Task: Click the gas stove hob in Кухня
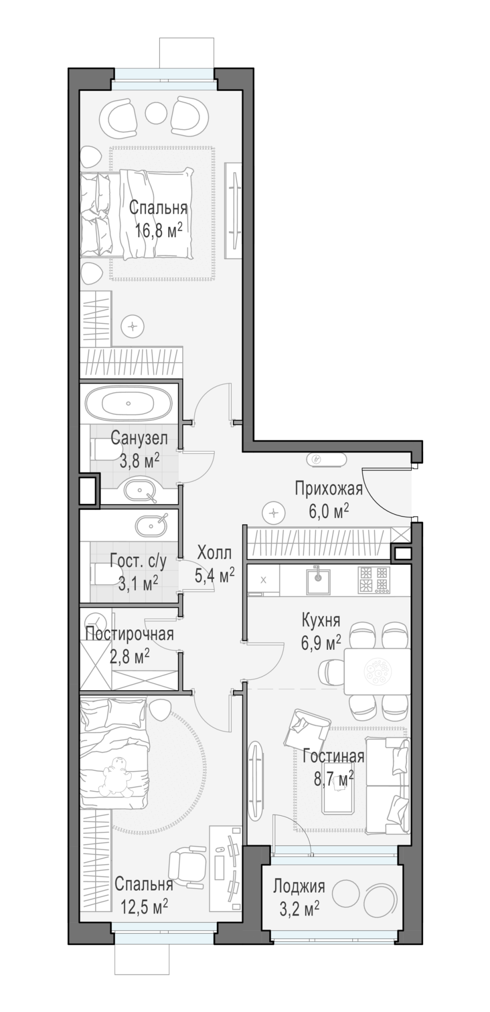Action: pyautogui.click(x=375, y=580)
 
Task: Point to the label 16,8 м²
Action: pyautogui.click(x=158, y=231)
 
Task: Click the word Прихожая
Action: pyautogui.click(x=329, y=489)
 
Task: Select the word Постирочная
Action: pyautogui.click(x=130, y=634)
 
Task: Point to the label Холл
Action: pyautogui.click(x=214, y=552)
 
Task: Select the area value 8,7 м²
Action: pyautogui.click(x=334, y=778)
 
